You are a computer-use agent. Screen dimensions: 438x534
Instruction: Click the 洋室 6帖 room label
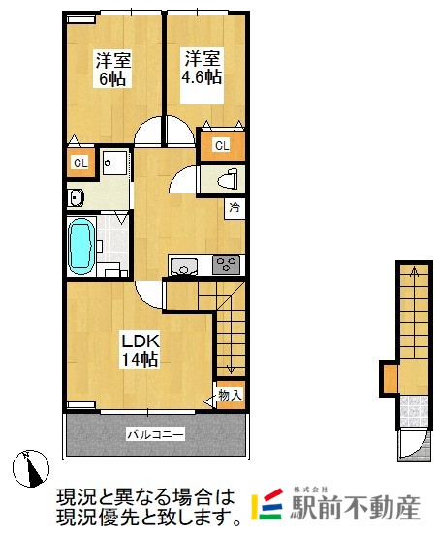(x=113, y=69)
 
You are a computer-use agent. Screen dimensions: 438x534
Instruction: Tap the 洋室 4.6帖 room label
(x=202, y=67)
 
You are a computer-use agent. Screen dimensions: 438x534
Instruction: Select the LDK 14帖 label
(x=141, y=350)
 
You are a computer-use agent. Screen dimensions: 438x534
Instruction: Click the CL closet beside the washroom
(x=80, y=163)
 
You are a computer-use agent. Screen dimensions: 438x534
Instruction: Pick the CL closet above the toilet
(x=222, y=146)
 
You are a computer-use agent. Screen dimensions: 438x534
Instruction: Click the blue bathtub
(x=81, y=246)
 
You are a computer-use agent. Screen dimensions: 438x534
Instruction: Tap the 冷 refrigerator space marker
(x=235, y=208)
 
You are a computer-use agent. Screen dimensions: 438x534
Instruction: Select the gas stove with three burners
(x=226, y=265)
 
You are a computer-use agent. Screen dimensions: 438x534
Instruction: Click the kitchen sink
(x=184, y=266)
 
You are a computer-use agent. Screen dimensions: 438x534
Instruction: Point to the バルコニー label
(x=156, y=434)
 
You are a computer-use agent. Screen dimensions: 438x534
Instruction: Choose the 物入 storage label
(x=231, y=395)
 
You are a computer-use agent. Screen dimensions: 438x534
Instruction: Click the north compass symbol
(x=31, y=468)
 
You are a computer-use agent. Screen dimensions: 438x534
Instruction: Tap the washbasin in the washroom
(x=76, y=197)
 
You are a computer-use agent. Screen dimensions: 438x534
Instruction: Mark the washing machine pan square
(x=115, y=163)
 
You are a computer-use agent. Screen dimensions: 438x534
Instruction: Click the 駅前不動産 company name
(x=356, y=508)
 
